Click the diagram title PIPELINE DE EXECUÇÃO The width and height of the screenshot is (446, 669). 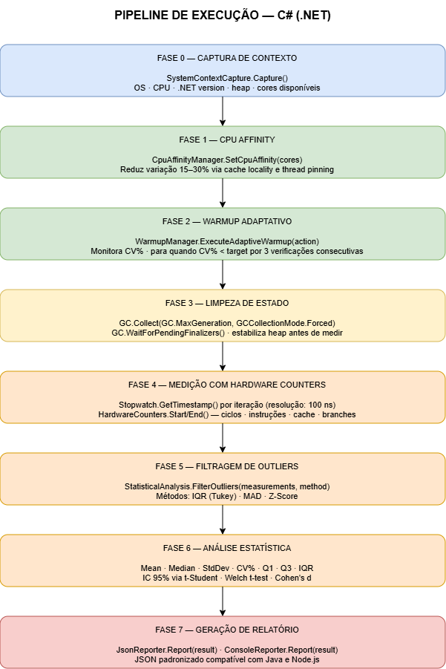tap(186, 16)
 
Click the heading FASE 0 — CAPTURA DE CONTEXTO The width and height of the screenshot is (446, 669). tap(227, 58)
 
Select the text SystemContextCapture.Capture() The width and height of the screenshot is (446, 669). tap(227, 78)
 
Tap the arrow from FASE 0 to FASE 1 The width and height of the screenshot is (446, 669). tap(223, 111)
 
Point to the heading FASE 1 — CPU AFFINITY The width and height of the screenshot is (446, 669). tap(227, 140)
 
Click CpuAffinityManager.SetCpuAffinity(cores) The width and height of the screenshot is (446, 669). tap(227, 160)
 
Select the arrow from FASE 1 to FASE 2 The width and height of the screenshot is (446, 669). tap(223, 193)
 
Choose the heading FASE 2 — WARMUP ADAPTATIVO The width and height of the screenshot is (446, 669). tap(227, 221)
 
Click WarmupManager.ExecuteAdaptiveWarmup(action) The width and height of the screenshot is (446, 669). tap(227, 241)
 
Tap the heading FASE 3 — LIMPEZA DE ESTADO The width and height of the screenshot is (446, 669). tap(227, 303)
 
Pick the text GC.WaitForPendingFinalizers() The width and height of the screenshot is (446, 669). tap(168, 333)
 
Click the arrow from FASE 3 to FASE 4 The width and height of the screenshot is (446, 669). tap(223, 356)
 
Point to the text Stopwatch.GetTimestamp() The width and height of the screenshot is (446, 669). tap(168, 405)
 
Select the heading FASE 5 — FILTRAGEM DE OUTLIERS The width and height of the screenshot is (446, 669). tap(227, 466)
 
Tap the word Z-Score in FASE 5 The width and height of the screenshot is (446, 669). tap(283, 496)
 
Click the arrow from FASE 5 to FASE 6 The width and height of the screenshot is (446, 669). tap(223, 520)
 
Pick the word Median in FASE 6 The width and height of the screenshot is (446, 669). tap(182, 568)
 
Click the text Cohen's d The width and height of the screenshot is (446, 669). tap(293, 578)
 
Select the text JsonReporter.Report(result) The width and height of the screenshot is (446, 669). tap(166, 650)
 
